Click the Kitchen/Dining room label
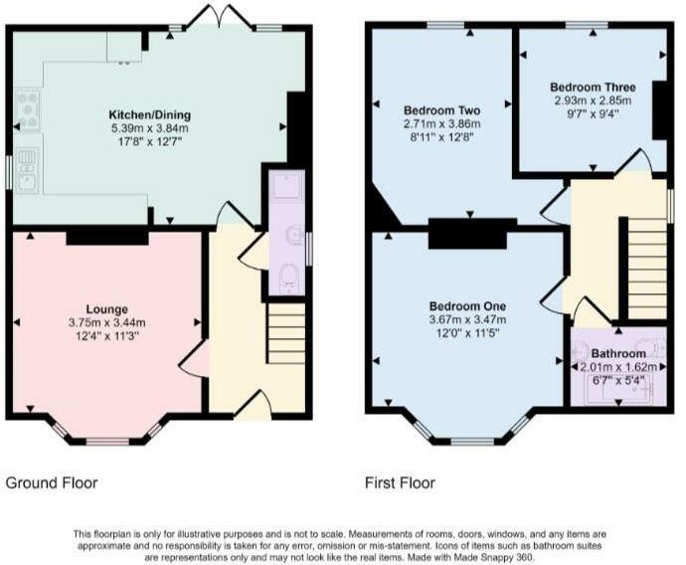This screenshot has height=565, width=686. point(149,115)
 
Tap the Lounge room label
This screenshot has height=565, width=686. point(106,309)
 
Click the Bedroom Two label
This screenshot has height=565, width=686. point(441,110)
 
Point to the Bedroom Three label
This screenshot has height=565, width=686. point(593,87)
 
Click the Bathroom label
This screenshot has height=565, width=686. point(618,353)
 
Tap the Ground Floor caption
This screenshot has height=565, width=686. point(51,483)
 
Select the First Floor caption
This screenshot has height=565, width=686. point(400,483)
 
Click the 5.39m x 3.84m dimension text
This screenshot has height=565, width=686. point(149,128)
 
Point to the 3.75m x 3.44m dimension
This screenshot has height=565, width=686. point(106,323)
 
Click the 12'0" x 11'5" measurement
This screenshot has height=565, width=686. point(467,333)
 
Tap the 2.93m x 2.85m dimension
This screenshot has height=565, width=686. point(593,100)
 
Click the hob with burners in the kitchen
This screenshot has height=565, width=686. point(28,109)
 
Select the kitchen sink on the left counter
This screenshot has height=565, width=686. point(28,170)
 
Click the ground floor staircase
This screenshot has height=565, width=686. point(286,333)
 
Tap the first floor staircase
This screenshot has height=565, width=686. point(647,269)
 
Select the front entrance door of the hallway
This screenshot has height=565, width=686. point(254,405)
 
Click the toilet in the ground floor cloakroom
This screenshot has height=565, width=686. point(287,279)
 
